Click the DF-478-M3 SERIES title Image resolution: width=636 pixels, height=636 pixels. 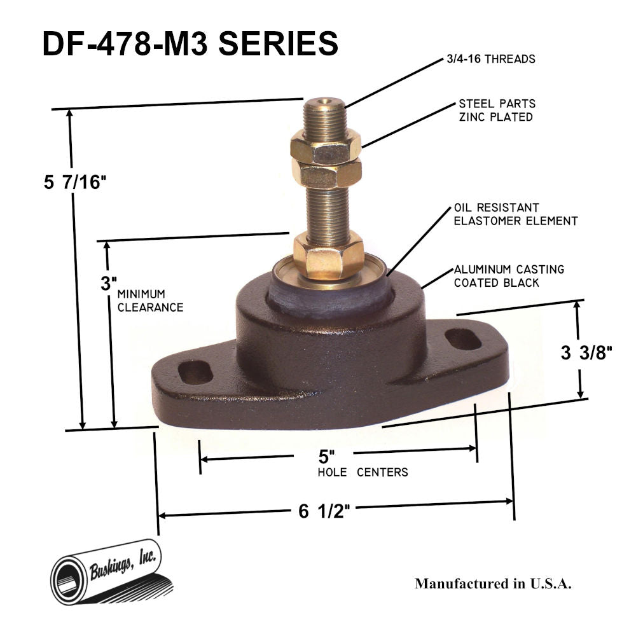[x=190, y=45]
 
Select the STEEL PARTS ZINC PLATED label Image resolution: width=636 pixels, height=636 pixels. [x=496, y=110]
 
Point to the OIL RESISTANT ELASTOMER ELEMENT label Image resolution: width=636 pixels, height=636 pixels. [x=515, y=215]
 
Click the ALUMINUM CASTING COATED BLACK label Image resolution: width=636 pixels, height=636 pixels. [x=508, y=276]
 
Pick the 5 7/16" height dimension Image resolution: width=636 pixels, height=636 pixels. [x=74, y=183]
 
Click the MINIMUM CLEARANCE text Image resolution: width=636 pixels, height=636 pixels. [x=150, y=301]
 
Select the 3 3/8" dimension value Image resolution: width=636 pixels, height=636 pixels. [x=586, y=353]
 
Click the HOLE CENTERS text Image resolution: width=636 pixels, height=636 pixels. [x=363, y=473]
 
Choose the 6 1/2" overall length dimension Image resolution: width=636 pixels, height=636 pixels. [x=324, y=511]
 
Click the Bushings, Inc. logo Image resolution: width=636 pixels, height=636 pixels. [x=108, y=570]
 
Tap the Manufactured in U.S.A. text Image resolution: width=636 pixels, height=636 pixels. [x=493, y=584]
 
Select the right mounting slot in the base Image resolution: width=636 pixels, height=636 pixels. [x=463, y=339]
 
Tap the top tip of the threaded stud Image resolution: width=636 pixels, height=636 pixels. [x=324, y=102]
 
